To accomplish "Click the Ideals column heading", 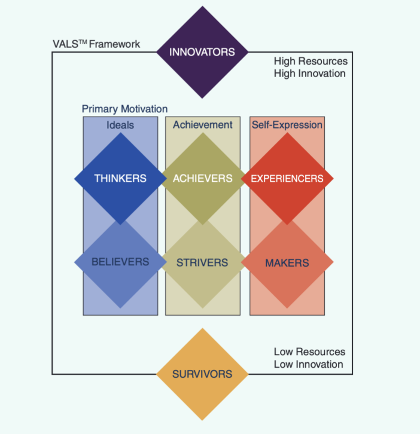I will click(120, 125).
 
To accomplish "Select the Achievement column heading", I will click(202, 125).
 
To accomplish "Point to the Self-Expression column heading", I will click(287, 125).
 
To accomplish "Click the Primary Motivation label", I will click(124, 109).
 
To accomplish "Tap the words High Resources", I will click(311, 62).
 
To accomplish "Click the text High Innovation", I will click(309, 74).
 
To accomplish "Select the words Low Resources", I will click(309, 352).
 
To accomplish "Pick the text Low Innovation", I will click(309, 364).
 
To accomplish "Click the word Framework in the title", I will click(115, 44).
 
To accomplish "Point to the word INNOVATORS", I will click(202, 52).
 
